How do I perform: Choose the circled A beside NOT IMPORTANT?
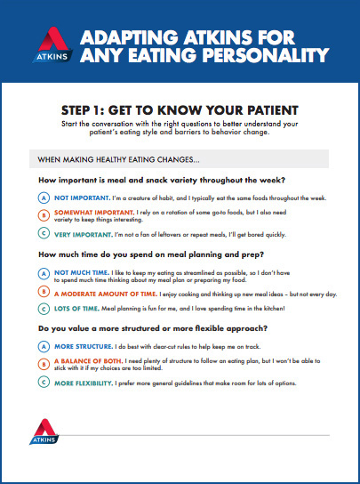(44, 196)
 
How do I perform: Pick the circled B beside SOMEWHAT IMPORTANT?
(44, 214)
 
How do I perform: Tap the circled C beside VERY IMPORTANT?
(44, 233)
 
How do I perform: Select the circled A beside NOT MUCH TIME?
(44, 271)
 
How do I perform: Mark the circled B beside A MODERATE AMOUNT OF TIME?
(44, 291)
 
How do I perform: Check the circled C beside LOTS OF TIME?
(44, 309)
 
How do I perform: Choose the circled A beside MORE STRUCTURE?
(44, 346)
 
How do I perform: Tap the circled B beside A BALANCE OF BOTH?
(44, 363)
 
